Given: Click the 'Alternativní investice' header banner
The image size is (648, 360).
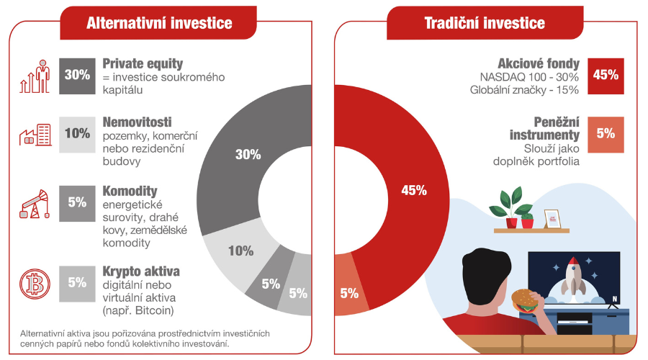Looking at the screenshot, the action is click(158, 23).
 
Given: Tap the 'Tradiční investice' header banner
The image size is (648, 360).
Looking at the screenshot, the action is click(485, 23).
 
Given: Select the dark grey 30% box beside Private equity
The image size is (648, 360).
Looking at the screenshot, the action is click(77, 76).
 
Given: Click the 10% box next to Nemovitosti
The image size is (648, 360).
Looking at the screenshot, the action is click(77, 135).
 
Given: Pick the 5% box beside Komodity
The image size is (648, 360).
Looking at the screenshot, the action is click(77, 203).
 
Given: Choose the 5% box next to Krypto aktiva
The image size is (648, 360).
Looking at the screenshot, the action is click(77, 284).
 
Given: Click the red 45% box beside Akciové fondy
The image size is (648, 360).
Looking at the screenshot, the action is click(606, 76).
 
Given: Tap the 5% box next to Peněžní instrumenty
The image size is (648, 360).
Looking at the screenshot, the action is click(606, 135).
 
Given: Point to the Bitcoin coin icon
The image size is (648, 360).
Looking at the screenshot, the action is click(35, 284).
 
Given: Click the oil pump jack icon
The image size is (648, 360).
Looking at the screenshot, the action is click(35, 204).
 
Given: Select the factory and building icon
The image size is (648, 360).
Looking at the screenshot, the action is click(35, 135).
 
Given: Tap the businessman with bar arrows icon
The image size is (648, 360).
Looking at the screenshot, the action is click(35, 76).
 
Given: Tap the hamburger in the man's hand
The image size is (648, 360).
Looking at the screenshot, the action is click(526, 300).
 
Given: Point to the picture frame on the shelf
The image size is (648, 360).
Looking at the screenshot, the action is click(552, 219).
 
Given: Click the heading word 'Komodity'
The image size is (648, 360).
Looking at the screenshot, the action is click(130, 192).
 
